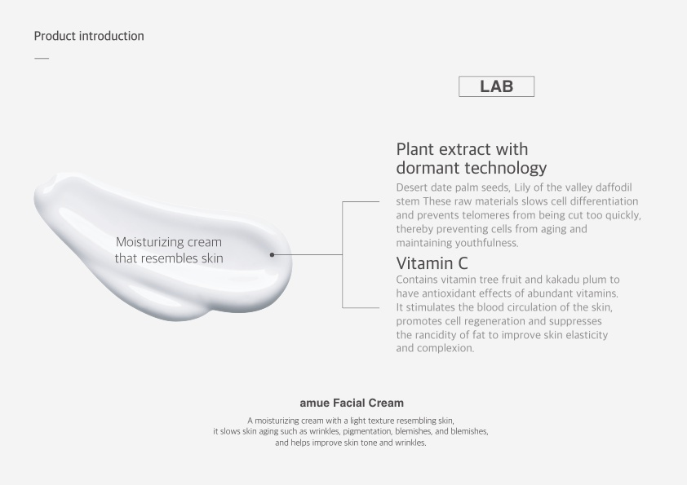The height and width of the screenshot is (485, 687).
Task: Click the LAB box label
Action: (x=496, y=86)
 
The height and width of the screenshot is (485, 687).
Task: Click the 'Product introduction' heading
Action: (x=89, y=36)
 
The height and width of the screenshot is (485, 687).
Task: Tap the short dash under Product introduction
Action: (x=42, y=58)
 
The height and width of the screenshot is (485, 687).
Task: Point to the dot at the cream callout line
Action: (x=272, y=255)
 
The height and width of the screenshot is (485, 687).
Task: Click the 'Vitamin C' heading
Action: (x=432, y=263)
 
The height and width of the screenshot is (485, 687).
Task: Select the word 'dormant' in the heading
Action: (x=428, y=168)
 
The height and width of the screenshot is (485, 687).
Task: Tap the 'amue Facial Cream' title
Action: (x=352, y=403)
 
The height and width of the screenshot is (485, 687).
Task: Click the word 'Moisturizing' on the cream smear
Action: (x=150, y=242)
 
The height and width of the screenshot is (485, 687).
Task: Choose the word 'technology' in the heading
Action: (x=506, y=168)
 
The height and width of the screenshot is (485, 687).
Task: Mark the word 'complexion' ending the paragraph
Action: (x=445, y=348)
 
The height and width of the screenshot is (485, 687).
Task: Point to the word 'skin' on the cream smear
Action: (x=212, y=258)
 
